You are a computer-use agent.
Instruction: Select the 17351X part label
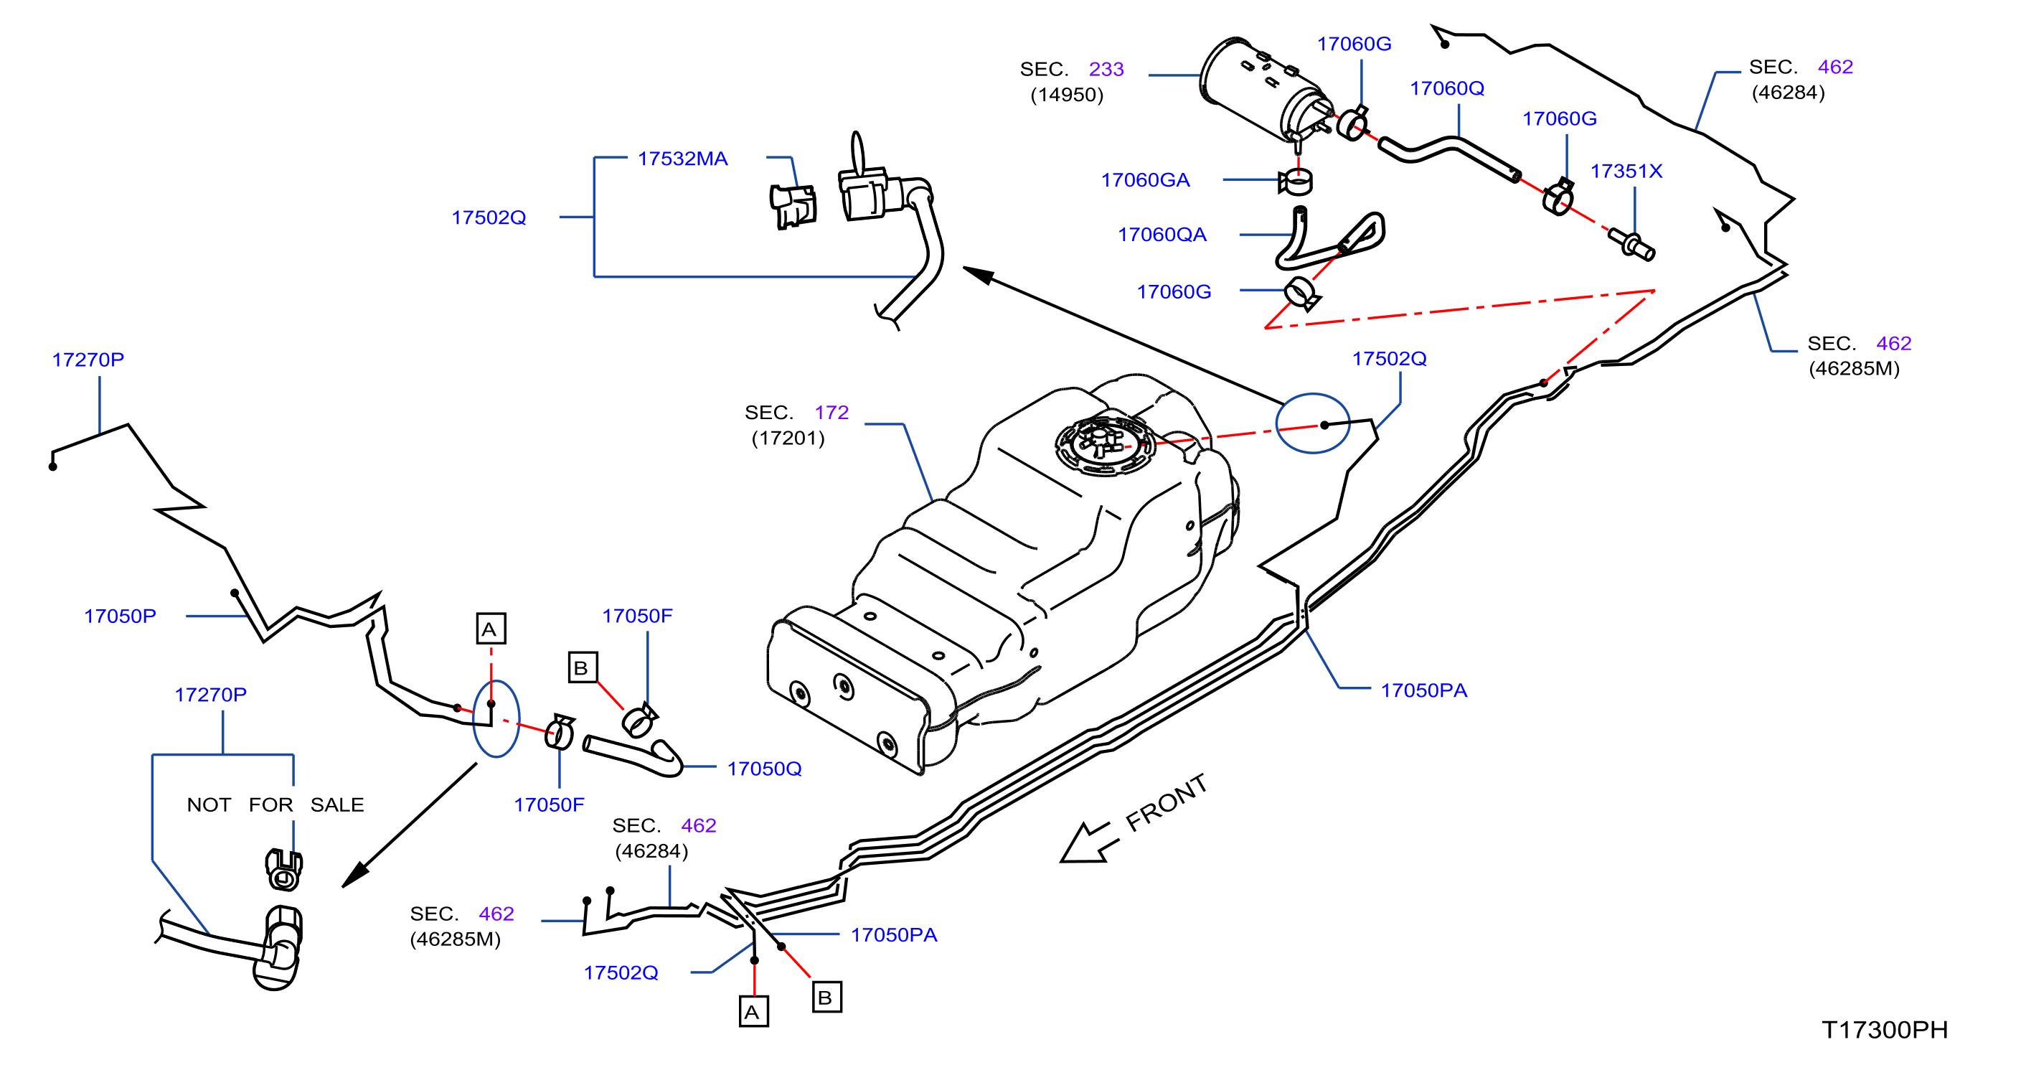pyautogui.click(x=1626, y=172)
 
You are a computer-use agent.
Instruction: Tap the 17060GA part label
pyautogui.click(x=1145, y=180)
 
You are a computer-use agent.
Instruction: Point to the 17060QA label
pyautogui.click(x=1162, y=235)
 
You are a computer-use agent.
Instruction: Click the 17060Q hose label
pyautogui.click(x=1446, y=88)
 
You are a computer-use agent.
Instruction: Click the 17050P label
pyautogui.click(x=120, y=616)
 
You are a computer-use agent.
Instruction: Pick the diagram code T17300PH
pyautogui.click(x=1885, y=1030)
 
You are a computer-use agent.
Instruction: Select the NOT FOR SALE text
pyautogui.click(x=275, y=804)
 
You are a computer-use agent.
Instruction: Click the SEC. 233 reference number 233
pyautogui.click(x=1106, y=69)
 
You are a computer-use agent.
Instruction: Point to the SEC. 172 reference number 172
pyautogui.click(x=831, y=412)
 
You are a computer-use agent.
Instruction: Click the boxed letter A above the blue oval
pyautogui.click(x=491, y=629)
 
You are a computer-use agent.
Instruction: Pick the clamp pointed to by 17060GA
pyautogui.click(x=1296, y=182)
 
